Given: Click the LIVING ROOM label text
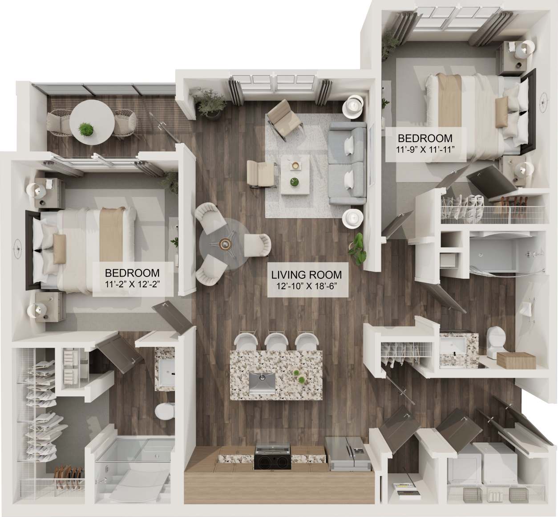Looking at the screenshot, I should [307, 275].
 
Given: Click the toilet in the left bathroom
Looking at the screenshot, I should [165, 411].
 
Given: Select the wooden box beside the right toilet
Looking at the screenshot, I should [516, 360].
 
